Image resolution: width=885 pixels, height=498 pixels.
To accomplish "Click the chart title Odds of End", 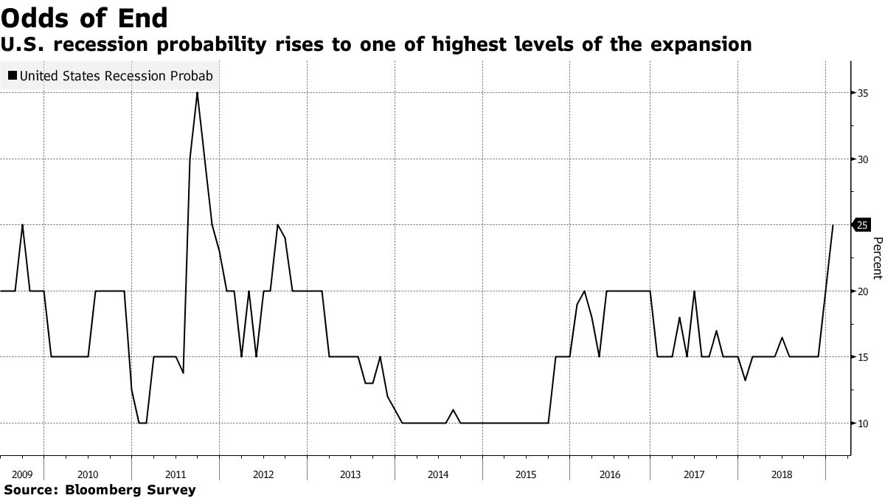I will tap(84, 17).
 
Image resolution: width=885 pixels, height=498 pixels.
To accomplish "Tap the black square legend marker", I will tap(12, 75).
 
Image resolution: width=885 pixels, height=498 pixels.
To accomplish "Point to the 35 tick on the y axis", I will tap(862, 93).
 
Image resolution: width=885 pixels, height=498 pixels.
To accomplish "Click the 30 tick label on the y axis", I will tap(862, 159).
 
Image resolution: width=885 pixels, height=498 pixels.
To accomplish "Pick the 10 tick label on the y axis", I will tap(862, 423).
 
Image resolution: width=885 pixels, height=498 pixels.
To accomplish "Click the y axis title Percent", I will tap(877, 258).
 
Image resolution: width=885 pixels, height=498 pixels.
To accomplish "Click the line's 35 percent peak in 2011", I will tap(197, 93).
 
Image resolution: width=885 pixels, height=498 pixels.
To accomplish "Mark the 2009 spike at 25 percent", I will tap(22, 225).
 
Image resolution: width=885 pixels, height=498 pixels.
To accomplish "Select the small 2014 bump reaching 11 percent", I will tap(453, 410).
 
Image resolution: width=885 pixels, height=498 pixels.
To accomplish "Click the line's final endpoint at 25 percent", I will tap(833, 225).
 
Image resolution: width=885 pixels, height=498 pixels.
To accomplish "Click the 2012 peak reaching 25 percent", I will tap(277, 225).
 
